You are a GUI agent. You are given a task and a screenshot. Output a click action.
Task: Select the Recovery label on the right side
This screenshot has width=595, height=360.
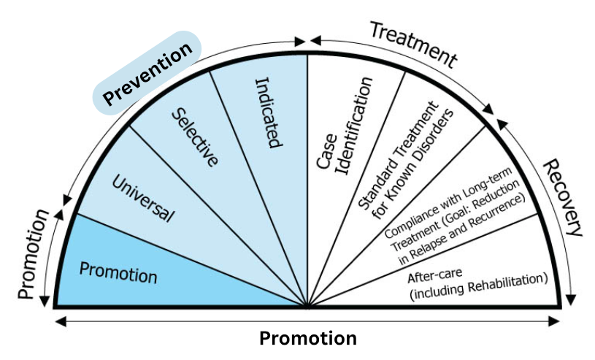(x=562, y=196)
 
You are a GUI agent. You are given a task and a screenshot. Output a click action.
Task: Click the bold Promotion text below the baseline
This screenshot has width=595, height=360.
(x=308, y=339)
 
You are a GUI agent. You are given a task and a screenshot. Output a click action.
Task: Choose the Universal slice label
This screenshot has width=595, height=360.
(x=144, y=197)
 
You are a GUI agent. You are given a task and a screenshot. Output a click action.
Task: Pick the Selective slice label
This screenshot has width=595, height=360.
(x=195, y=137)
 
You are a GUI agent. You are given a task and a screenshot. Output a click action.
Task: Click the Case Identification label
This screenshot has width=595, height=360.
(x=343, y=132)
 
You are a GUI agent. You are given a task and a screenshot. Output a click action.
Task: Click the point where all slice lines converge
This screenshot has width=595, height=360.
(x=307, y=306)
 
